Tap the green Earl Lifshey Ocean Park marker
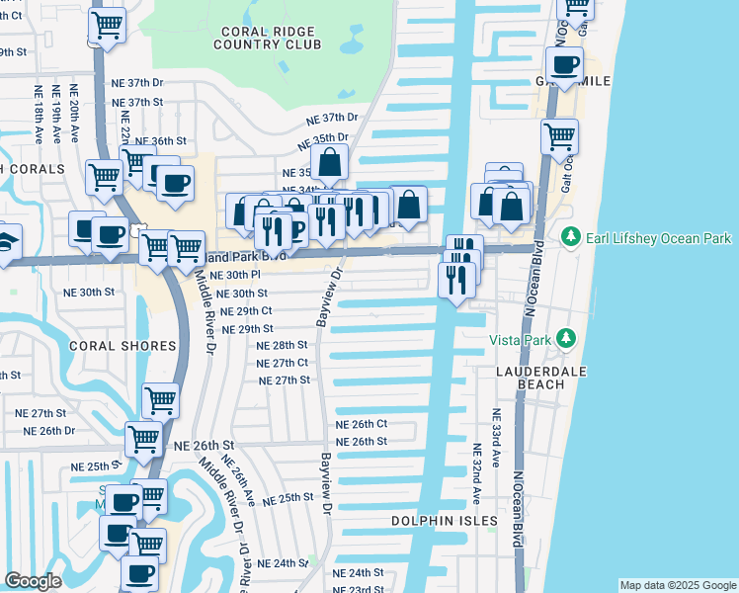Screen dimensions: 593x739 [x=570, y=238]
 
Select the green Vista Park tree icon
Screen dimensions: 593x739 [x=565, y=339]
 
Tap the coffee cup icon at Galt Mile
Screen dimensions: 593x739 [x=564, y=66]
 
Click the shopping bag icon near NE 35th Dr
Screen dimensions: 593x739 [x=330, y=162]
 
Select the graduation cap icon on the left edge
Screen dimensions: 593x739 [x=5, y=242]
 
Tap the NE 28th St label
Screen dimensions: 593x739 [x=283, y=345]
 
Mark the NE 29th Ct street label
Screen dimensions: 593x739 [x=247, y=310]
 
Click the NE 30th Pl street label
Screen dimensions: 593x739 [x=235, y=275]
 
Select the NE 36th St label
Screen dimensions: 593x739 [x=160, y=141]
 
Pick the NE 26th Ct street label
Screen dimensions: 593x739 [x=361, y=424]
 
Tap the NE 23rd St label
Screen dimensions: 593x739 [x=359, y=589]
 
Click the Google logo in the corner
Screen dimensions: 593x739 [x=34, y=581]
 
